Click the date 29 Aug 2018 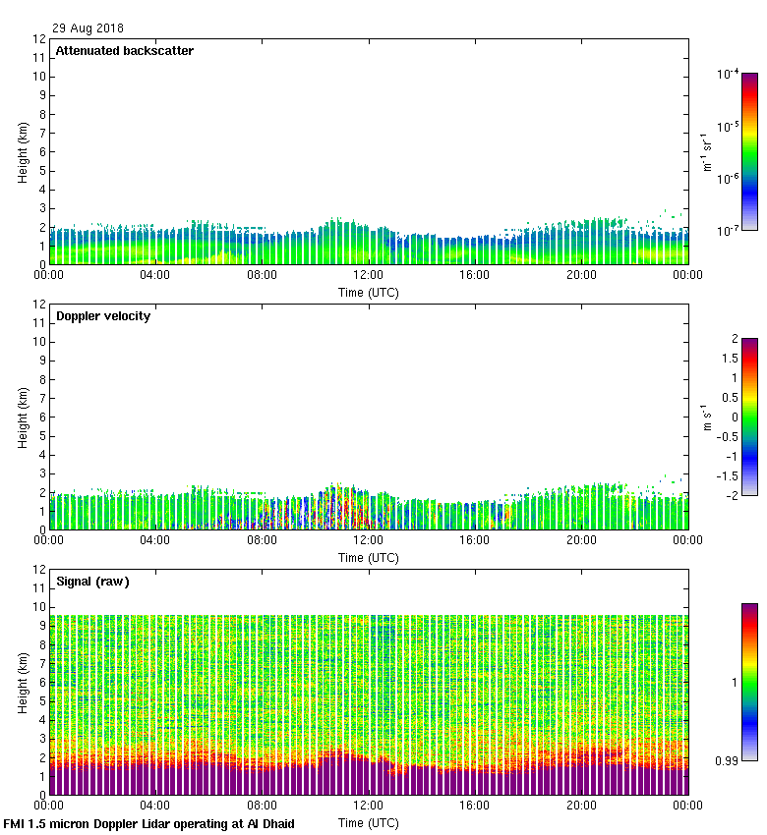88,28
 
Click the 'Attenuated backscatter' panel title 124,51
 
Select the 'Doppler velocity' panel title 102,316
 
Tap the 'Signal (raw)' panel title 92,582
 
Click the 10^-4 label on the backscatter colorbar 729,75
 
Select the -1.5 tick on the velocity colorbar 729,475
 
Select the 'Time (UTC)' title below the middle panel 369,557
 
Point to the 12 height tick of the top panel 39,39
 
